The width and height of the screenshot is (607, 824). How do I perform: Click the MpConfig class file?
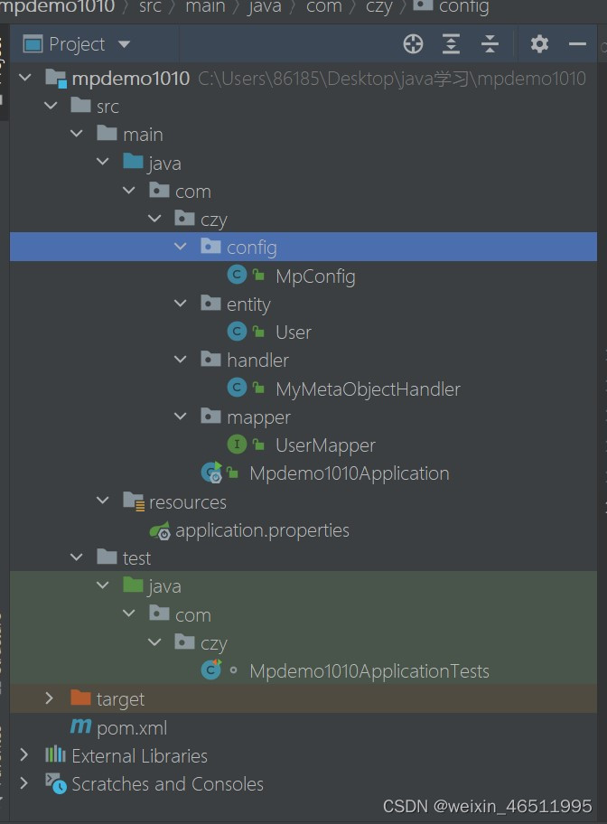pyautogui.click(x=315, y=276)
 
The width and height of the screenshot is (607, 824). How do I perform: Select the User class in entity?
pyautogui.click(x=293, y=332)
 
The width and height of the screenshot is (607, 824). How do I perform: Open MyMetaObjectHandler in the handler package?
pyautogui.click(x=368, y=389)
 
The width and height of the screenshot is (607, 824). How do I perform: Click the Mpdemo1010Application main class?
pyautogui.click(x=349, y=473)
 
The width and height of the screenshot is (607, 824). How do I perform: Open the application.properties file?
pyautogui.click(x=262, y=530)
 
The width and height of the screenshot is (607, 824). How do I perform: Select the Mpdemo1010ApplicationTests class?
pyautogui.click(x=369, y=671)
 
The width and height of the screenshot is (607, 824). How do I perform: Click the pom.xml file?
pyautogui.click(x=132, y=728)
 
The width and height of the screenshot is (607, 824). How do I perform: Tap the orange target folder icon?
pyautogui.click(x=81, y=699)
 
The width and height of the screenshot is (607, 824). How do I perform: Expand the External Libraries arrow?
pyautogui.click(x=24, y=755)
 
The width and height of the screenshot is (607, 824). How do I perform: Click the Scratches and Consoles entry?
pyautogui.click(x=167, y=784)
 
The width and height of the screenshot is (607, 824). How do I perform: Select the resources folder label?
pyautogui.click(x=187, y=502)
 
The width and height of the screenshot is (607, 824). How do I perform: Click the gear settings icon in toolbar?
pyautogui.click(x=539, y=43)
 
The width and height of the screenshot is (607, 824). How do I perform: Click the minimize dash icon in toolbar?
pyautogui.click(x=577, y=43)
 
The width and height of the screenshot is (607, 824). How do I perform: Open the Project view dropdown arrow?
pyautogui.click(x=125, y=44)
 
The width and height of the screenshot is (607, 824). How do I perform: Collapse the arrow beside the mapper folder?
pyautogui.click(x=181, y=417)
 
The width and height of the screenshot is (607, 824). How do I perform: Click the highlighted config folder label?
pyautogui.click(x=251, y=248)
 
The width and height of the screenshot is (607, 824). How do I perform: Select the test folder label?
pyautogui.click(x=136, y=558)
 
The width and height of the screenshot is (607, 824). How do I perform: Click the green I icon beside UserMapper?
pyautogui.click(x=237, y=445)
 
